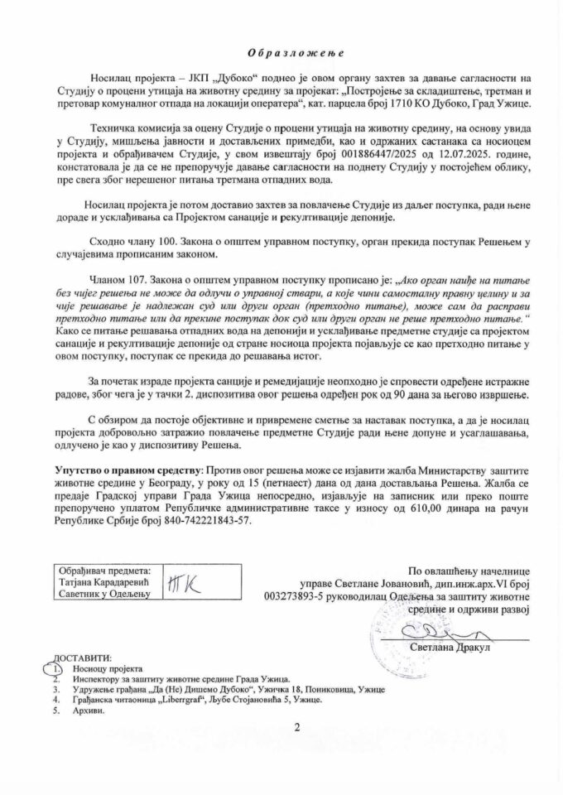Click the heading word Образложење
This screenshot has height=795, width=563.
coord(281,51)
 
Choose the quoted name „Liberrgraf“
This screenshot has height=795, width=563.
coord(165,699)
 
